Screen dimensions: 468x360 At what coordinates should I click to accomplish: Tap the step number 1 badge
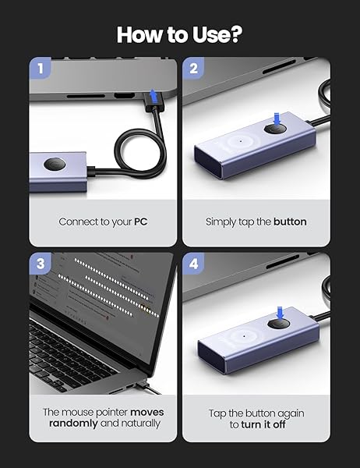[x=41, y=68]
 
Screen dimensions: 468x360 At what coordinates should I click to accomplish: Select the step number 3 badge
[x=41, y=264]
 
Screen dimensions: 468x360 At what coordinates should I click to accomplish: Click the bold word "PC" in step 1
[x=139, y=222]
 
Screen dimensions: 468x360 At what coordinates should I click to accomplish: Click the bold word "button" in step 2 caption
[x=290, y=222]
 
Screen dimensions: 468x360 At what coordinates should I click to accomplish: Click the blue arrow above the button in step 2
[x=279, y=115]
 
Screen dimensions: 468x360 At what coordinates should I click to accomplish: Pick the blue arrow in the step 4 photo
[x=279, y=310]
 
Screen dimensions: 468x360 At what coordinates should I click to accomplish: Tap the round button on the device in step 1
[x=54, y=165]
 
